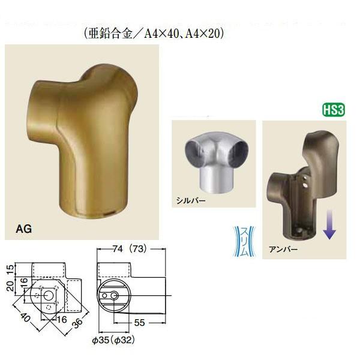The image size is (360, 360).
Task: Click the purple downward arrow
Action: tap(329, 223)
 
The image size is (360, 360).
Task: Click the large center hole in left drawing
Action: tap(49, 295)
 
